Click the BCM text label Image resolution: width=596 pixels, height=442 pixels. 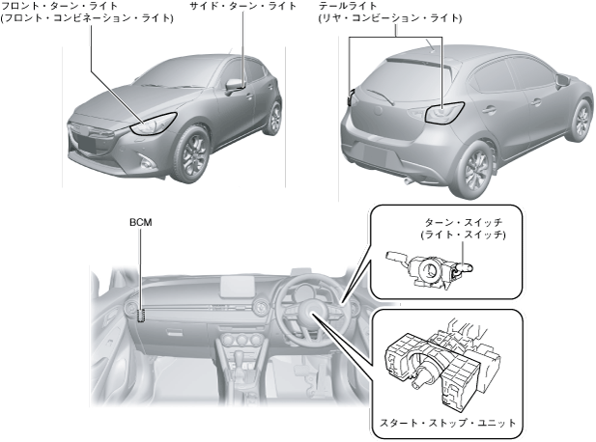click(140, 222)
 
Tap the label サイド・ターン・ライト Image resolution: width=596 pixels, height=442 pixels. click(243, 7)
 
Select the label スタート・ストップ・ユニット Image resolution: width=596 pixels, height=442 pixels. click(445, 423)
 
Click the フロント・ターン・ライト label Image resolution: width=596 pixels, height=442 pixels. click(59, 7)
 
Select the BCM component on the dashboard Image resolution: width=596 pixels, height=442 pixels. click(142, 315)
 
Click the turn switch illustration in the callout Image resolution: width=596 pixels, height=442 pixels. click(429, 267)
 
